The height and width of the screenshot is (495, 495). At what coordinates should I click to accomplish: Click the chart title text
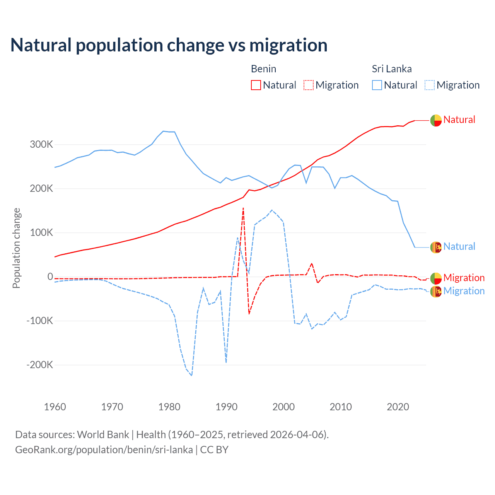point(169,45)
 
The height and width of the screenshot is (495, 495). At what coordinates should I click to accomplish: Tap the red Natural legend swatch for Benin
point(256,85)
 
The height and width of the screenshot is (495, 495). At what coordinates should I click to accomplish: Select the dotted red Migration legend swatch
point(309,85)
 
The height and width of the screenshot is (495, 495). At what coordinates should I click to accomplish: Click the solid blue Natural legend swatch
point(377,85)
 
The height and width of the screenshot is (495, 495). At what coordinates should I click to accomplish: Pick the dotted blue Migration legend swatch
point(430,85)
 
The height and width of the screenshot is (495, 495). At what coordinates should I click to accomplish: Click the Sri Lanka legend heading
point(392,69)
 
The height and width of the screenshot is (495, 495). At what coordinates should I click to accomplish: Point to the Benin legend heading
point(263,69)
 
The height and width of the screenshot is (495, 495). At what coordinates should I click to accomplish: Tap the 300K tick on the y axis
point(41,145)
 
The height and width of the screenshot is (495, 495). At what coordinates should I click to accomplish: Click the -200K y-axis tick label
point(39,365)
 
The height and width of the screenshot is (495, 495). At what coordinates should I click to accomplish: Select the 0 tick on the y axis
point(50,277)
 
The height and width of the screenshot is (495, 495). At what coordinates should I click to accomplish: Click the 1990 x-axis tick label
point(227,407)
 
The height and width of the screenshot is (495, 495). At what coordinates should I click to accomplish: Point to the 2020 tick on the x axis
point(398,407)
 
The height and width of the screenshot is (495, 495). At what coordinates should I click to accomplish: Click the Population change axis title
point(16,248)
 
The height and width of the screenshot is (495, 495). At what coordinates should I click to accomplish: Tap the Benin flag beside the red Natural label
point(436,121)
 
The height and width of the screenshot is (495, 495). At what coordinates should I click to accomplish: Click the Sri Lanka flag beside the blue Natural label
point(436,247)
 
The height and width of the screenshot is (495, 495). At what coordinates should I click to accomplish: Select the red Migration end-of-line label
point(464,278)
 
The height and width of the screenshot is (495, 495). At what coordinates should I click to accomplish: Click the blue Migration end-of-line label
point(464,291)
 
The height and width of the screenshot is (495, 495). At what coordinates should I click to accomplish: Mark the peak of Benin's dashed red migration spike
point(243,208)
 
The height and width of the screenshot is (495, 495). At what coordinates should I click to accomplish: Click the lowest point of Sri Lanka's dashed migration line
point(191,376)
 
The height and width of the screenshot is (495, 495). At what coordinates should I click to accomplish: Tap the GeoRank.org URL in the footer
point(104,450)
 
